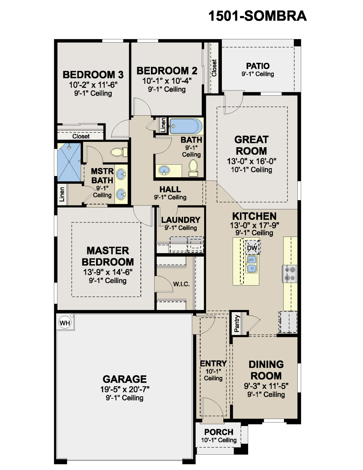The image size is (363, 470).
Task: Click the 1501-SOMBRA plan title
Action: pos(257,16)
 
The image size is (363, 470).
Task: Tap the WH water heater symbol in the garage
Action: pos(65,323)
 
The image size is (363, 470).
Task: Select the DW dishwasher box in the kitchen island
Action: pos(252,248)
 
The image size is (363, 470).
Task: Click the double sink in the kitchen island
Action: pos(252,264)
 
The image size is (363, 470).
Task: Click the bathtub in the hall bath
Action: pos(186,126)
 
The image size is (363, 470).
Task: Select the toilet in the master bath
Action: pos(119,152)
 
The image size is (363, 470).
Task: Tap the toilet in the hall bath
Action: pos(193,168)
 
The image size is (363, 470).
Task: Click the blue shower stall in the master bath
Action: pos(69,162)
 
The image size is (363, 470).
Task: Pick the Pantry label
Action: pos(237,324)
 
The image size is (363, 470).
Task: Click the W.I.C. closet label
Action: pos(181,284)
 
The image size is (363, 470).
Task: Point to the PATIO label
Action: pos(258,66)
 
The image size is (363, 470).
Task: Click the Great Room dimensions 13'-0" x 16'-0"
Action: pos(251,161)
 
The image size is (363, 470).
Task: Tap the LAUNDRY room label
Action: pos(181,220)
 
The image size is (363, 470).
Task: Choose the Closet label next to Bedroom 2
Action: pos(214,68)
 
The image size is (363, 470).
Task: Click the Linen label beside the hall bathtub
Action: pos(163,125)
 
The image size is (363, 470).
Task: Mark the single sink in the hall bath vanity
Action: pos(164,170)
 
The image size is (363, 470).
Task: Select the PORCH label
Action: pos(219,432)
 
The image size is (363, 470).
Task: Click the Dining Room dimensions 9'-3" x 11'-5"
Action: pos(266,386)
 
